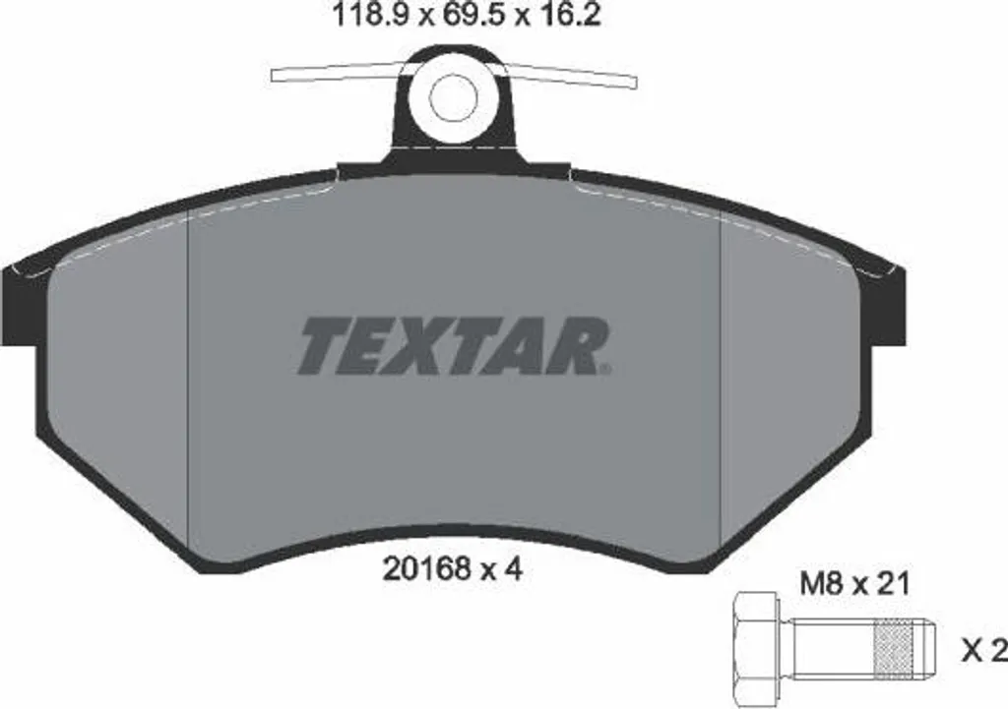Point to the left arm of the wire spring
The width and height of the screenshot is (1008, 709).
pos(338,73)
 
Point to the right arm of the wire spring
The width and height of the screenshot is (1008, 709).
pos(570,75)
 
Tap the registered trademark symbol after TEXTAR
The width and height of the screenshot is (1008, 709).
pos(606,370)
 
